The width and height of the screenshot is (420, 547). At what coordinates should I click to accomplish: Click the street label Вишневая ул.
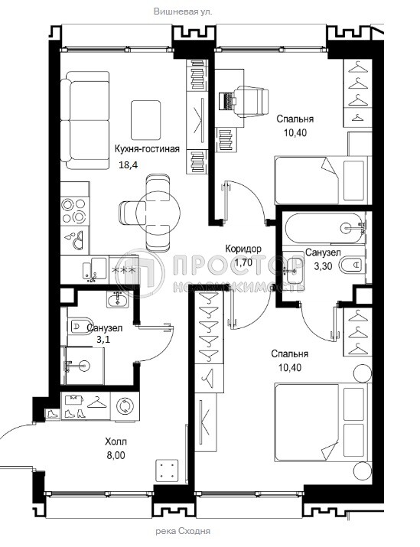(x=183, y=11)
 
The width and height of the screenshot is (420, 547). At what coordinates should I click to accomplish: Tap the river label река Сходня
(x=182, y=531)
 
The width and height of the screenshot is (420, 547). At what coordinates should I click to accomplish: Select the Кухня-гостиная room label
(x=147, y=149)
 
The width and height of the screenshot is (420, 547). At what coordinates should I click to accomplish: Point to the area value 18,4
(x=128, y=164)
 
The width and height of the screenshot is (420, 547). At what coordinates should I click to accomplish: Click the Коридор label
(x=243, y=249)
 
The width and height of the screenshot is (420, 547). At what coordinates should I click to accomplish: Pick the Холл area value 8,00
(x=116, y=455)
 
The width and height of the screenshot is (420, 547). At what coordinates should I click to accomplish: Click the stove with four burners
(x=74, y=211)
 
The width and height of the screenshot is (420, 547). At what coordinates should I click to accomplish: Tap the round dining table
(x=158, y=211)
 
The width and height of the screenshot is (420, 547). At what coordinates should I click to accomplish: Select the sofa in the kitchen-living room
(x=85, y=121)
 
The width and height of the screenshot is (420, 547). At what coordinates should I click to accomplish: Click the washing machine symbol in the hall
(x=125, y=406)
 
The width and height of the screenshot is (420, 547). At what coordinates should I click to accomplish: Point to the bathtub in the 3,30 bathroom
(x=324, y=228)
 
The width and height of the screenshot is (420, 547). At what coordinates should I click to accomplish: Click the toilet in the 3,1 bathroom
(x=79, y=327)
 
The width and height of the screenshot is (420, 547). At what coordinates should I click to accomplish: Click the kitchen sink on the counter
(x=91, y=269)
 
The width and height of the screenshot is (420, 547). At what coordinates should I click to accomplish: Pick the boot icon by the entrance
(x=52, y=414)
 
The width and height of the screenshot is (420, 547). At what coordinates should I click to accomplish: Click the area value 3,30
(x=324, y=266)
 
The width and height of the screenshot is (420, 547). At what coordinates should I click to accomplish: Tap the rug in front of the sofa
(x=146, y=120)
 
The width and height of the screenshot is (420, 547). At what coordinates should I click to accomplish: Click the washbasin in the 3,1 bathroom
(x=118, y=300)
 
